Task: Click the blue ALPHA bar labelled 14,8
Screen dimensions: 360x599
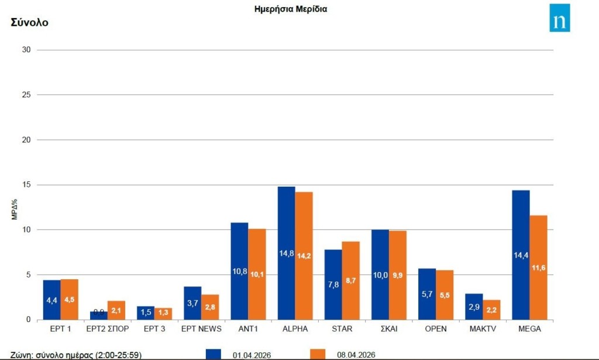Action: coord(286,253)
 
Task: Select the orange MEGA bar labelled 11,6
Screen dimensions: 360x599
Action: coord(538,268)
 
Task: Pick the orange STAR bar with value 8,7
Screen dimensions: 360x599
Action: coord(351,280)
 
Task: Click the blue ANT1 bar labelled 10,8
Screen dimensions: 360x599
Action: coord(239,271)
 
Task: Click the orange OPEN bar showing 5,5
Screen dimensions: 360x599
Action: coord(445,294)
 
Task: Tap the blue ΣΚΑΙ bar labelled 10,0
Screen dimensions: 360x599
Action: coord(380,275)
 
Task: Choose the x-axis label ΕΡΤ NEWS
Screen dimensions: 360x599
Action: coord(201,329)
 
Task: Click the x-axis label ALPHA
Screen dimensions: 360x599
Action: coord(295,329)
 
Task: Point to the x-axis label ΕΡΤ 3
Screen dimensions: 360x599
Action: coord(154,329)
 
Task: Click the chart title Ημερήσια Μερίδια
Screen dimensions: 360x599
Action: coord(290,9)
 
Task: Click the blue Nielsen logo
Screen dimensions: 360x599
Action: coord(559,18)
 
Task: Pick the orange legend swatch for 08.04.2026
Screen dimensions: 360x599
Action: coord(317,354)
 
